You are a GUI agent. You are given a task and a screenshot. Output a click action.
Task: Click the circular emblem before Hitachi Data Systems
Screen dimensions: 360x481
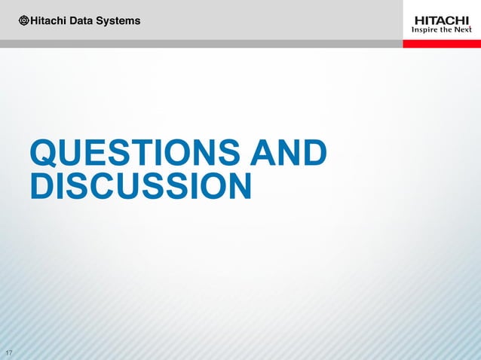pyautogui.click(x=24, y=20)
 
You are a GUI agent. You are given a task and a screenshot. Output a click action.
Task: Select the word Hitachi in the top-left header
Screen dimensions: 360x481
pyautogui.click(x=49, y=20)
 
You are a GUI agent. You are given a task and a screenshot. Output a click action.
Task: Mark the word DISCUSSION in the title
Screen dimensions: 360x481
pyautogui.click(x=140, y=187)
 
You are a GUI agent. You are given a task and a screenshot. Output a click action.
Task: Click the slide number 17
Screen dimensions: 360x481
pyautogui.click(x=9, y=354)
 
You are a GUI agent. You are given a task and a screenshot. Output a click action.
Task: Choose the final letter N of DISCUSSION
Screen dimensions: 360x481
pyautogui.click(x=237, y=187)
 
